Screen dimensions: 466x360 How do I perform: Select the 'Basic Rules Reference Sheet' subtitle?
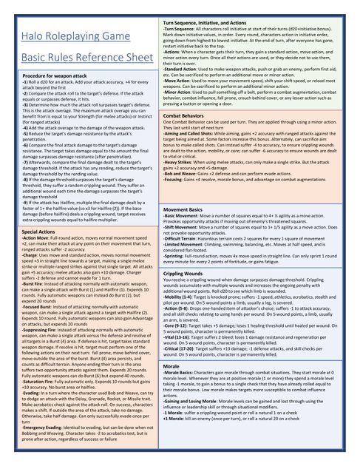[81, 57]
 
